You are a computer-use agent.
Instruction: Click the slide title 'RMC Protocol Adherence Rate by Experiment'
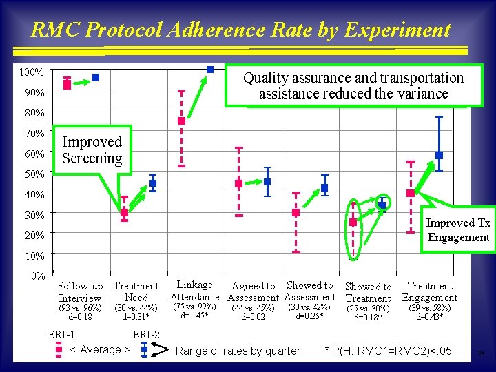[x=240, y=30]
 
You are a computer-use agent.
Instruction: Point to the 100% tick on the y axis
[x=31, y=72]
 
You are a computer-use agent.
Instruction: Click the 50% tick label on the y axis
[x=31, y=174]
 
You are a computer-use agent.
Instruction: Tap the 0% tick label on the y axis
[x=36, y=276]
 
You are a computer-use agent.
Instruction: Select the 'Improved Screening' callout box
[x=92, y=150]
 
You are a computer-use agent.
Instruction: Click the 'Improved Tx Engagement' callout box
[x=458, y=230]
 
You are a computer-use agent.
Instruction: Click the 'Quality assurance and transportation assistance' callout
[x=353, y=86]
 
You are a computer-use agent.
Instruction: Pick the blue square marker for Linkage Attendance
[x=210, y=69]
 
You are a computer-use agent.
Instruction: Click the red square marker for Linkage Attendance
[x=181, y=121]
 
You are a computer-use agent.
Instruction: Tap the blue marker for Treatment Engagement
[x=439, y=155]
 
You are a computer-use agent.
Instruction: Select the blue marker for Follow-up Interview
[x=96, y=78]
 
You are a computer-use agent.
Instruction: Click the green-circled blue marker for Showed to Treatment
[x=382, y=205]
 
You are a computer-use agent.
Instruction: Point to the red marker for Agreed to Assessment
[x=238, y=184]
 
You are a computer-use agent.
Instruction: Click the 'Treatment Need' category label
[x=136, y=291]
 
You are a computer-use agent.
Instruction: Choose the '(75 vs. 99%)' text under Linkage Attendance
[x=195, y=307]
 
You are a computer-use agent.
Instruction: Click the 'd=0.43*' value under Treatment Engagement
[x=430, y=317]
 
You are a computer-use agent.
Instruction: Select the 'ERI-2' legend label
[x=146, y=335]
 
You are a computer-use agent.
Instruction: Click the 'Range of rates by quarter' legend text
[x=238, y=351]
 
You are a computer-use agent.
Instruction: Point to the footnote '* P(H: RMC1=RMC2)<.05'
[x=388, y=351]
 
